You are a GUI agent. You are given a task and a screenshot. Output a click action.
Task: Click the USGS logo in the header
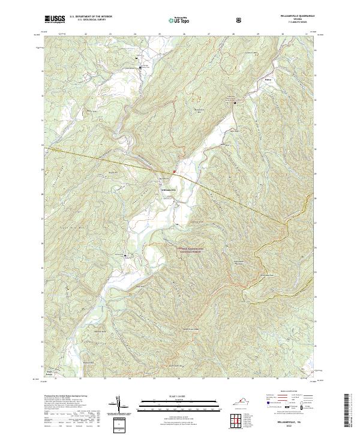pos(55,20)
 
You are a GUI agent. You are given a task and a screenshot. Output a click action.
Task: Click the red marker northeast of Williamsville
pos(175,172)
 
